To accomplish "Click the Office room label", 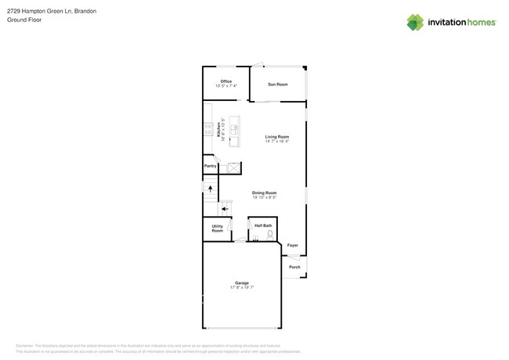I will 226,81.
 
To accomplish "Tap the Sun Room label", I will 277,84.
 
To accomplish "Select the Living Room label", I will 277,137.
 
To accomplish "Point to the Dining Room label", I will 264,193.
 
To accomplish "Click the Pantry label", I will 210,166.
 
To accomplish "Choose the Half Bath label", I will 263,225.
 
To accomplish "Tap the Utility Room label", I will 217,229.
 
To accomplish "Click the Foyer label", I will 292,245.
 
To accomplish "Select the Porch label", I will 294,267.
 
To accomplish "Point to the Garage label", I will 242,283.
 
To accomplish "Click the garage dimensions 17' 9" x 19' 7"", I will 242,287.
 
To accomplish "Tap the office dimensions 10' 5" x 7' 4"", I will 226,86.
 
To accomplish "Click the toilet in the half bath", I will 270,234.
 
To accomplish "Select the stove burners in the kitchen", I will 208,130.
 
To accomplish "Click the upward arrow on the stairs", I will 210,189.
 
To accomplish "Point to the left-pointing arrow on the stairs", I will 225,209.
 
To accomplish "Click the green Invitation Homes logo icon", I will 415,23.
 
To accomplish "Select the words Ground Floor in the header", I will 24,20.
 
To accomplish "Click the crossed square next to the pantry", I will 233,167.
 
